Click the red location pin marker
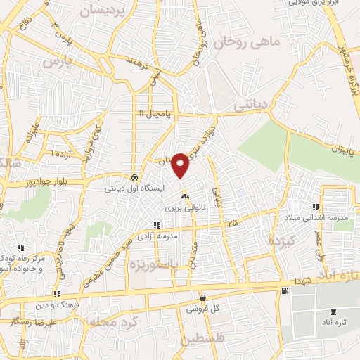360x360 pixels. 180,164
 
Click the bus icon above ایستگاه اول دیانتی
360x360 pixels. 134,176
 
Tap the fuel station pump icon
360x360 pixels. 284,290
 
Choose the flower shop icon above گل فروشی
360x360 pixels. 203,297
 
